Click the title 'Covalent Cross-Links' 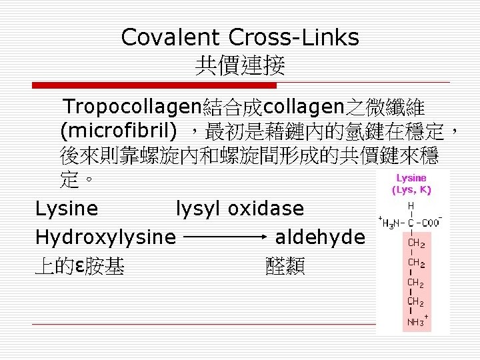tap(240, 37)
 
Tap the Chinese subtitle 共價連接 tap(240, 65)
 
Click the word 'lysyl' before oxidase tap(199, 209)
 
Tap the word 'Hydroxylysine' tap(105, 237)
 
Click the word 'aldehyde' tap(320, 237)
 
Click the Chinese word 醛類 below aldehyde tap(285, 267)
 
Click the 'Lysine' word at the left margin tap(67, 209)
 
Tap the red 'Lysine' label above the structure tap(411, 178)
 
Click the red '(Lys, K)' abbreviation tap(411, 189)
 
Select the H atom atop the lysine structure tap(411, 207)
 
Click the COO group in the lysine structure tap(434, 222)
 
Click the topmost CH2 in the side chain tap(415, 243)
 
